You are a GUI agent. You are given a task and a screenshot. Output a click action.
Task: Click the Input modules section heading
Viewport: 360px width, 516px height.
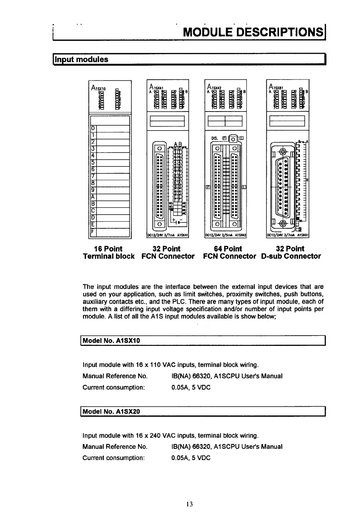tap(82, 59)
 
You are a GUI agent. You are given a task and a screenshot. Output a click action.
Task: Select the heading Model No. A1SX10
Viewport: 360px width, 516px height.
tap(111, 341)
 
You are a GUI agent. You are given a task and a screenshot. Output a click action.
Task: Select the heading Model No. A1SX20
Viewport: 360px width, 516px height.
tap(111, 412)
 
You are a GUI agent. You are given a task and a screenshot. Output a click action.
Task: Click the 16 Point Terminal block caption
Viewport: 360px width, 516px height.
tap(109, 253)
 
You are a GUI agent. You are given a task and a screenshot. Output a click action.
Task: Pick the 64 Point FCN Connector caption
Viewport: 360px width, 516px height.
tap(229, 253)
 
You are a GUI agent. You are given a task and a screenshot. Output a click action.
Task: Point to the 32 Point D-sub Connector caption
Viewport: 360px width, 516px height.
tap(291, 253)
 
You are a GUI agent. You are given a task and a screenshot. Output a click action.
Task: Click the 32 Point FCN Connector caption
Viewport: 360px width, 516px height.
tap(168, 253)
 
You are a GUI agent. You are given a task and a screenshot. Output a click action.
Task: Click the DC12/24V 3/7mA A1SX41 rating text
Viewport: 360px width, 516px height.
tap(168, 235)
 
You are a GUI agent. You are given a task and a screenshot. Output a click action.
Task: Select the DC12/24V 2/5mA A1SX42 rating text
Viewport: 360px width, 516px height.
tap(226, 235)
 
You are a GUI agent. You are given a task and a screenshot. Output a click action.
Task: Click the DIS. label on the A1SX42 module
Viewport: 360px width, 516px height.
tap(215, 138)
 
